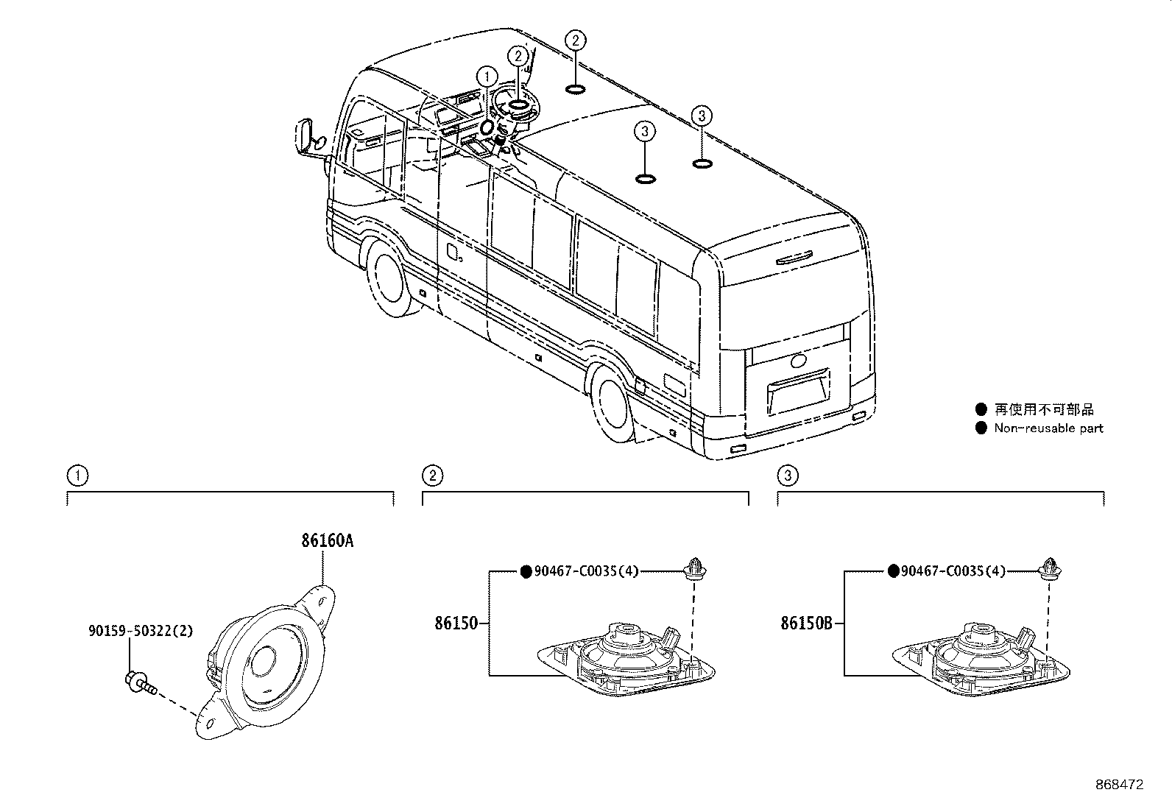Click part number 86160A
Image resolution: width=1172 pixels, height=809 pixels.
(326, 541)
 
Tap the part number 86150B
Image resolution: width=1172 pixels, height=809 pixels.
(806, 623)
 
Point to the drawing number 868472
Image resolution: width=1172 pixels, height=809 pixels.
(1119, 785)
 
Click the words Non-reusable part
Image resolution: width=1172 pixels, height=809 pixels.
(1048, 428)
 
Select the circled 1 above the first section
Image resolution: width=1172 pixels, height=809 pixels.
(77, 476)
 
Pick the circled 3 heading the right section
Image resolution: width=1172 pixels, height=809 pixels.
(787, 476)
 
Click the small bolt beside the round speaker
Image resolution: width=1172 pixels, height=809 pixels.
(139, 682)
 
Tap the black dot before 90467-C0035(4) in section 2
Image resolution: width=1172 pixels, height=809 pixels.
(526, 571)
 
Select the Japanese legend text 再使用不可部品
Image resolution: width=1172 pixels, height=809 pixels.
(1043, 409)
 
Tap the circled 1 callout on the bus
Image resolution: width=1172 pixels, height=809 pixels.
(486, 76)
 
